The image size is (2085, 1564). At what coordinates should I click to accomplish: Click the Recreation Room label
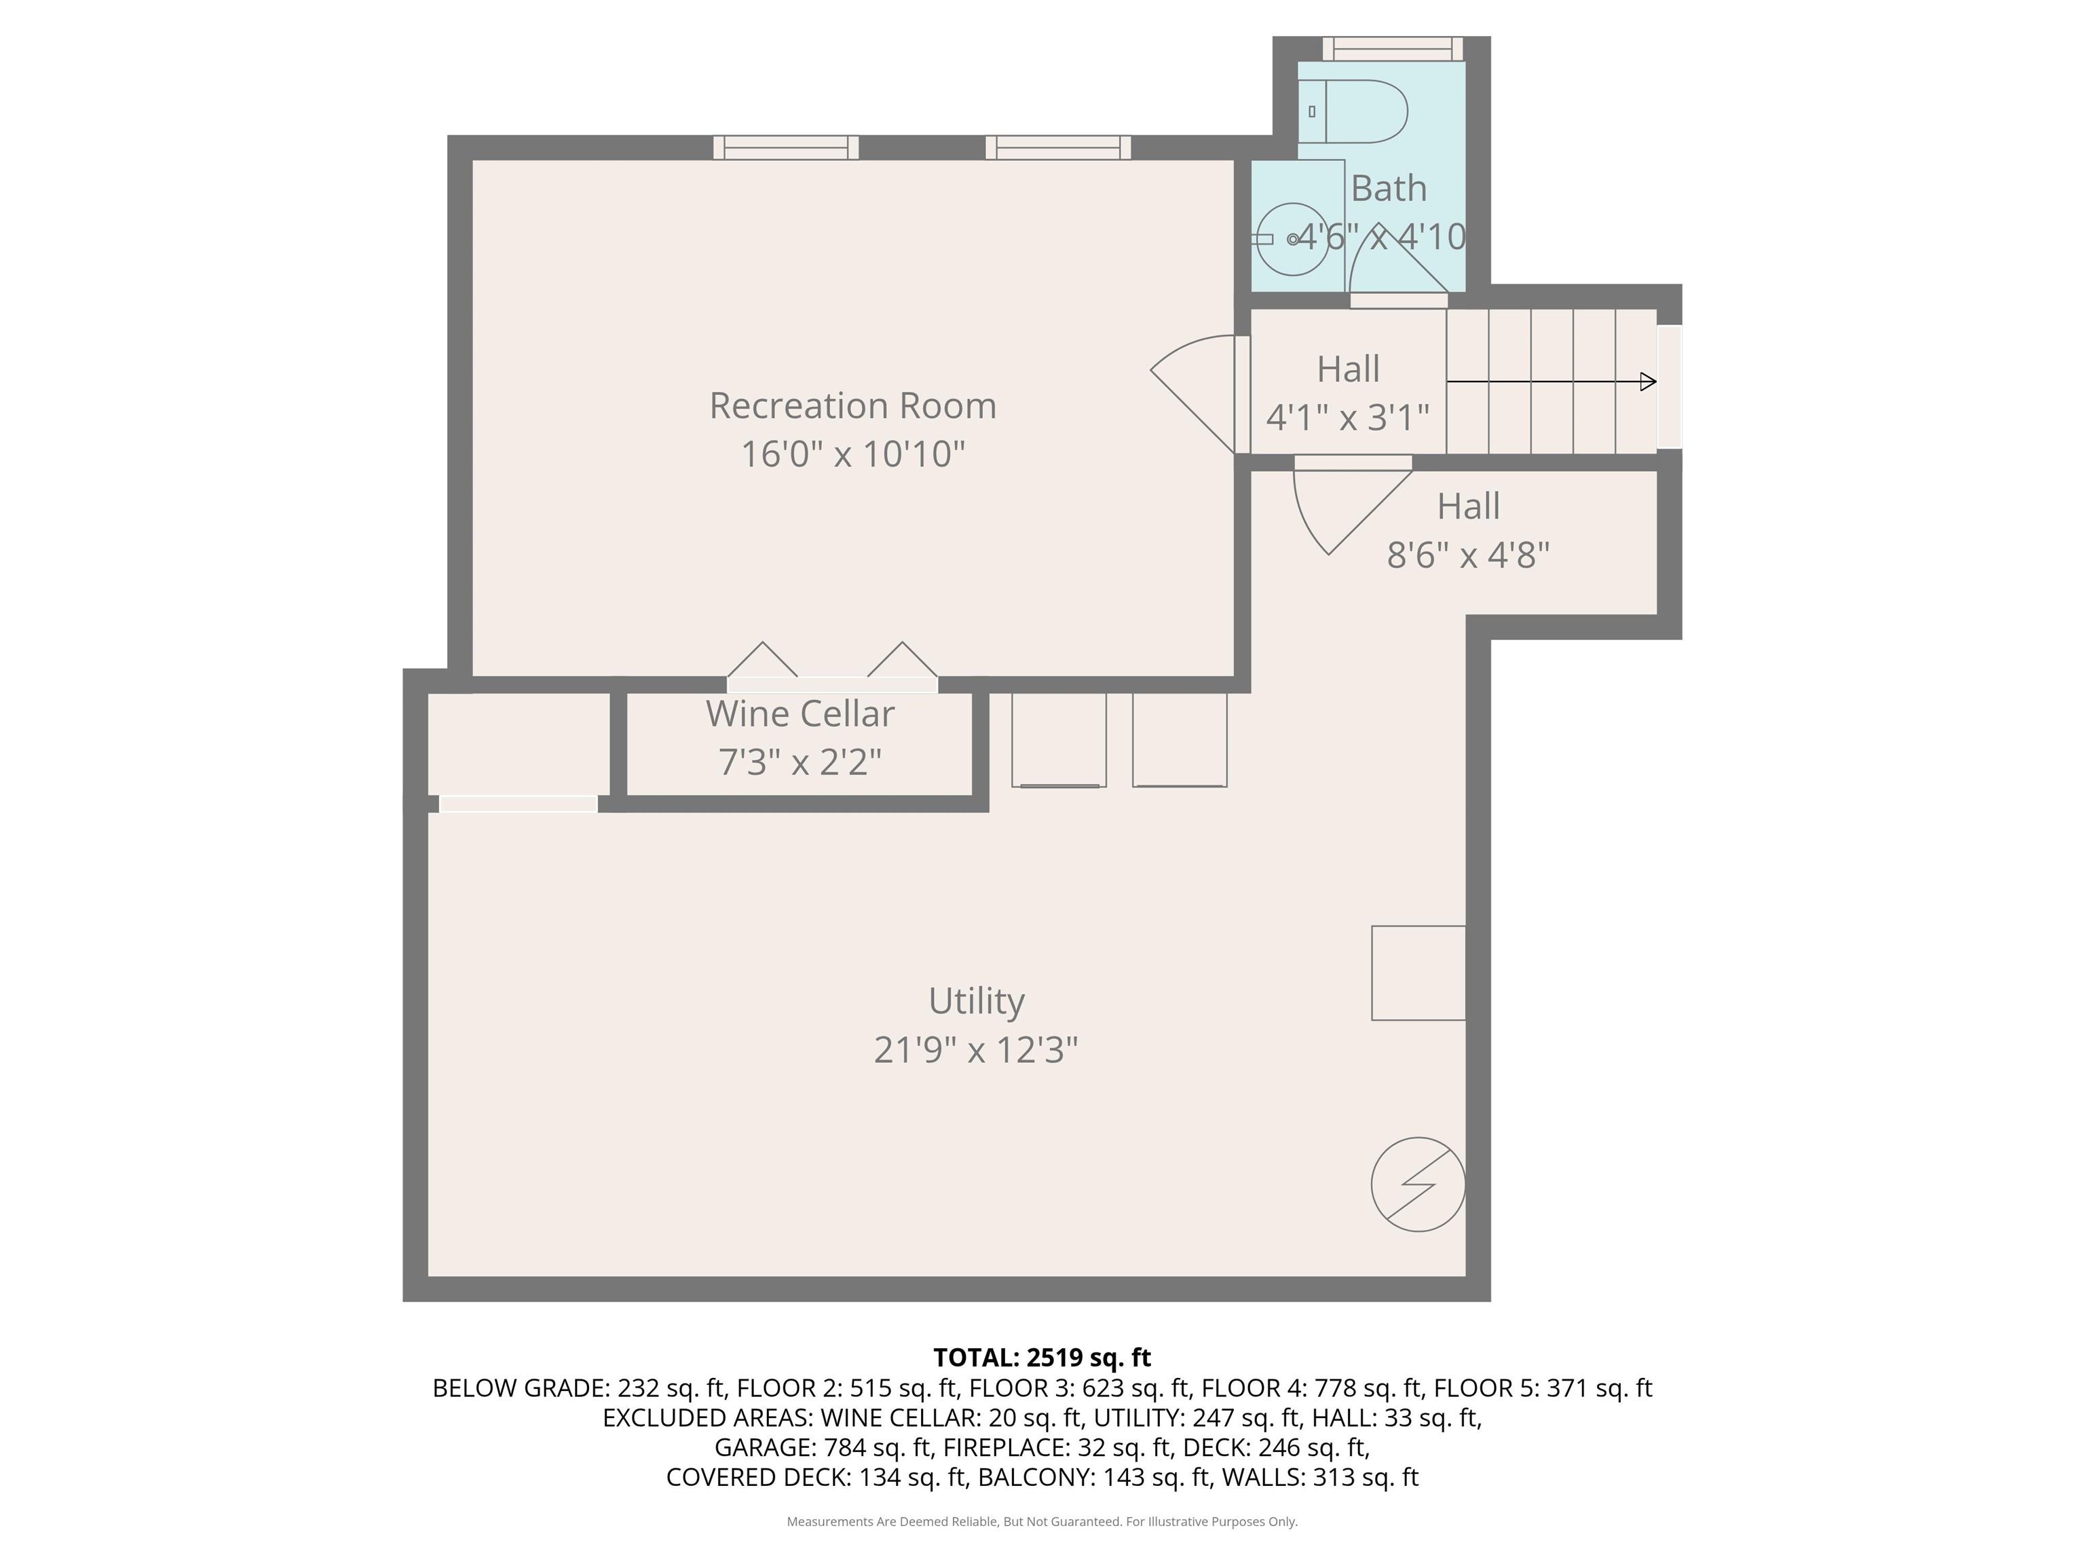(x=852, y=407)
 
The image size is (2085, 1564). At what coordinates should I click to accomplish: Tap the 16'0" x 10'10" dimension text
(x=852, y=454)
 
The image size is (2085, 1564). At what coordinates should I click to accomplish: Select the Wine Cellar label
(x=800, y=713)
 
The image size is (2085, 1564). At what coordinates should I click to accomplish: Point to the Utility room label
(x=975, y=1002)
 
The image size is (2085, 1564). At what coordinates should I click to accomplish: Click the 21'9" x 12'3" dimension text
(x=975, y=1049)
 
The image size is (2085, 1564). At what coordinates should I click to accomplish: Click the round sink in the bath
(x=1292, y=240)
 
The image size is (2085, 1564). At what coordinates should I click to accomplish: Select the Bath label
(x=1389, y=189)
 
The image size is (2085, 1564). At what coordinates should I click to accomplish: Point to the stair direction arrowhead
(x=1648, y=381)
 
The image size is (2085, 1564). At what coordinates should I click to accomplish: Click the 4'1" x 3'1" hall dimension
(x=1348, y=417)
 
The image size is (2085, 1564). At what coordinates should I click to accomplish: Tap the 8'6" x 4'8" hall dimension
(x=1467, y=555)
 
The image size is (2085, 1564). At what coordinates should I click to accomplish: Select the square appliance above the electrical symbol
(x=1418, y=973)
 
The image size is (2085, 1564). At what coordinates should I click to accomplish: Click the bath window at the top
(x=1392, y=48)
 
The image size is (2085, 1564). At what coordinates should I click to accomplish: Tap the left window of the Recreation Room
(x=786, y=148)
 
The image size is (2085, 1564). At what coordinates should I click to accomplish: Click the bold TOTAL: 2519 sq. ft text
(x=1042, y=1358)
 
